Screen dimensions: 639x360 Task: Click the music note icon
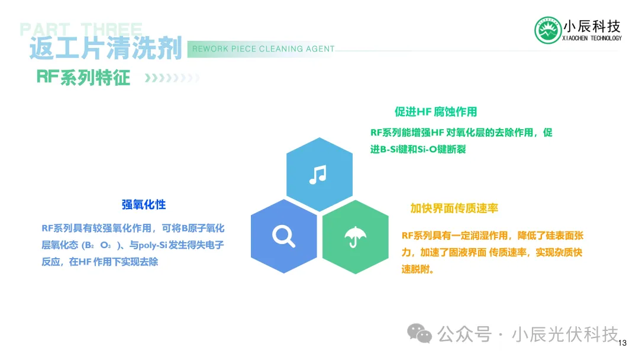pyautogui.click(x=318, y=175)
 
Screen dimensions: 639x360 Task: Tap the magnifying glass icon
pyautogui.click(x=283, y=236)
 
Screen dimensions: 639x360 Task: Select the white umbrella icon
pyautogui.click(x=356, y=237)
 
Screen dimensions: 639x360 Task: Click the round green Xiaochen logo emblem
pyautogui.click(x=548, y=30)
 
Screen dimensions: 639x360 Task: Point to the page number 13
pyautogui.click(x=622, y=343)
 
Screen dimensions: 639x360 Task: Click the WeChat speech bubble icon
pyautogui.click(x=419, y=333)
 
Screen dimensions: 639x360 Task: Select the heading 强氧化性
pyautogui.click(x=144, y=205)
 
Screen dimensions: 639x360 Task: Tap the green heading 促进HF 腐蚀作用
pyautogui.click(x=435, y=112)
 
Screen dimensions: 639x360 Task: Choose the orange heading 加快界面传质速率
pyautogui.click(x=454, y=208)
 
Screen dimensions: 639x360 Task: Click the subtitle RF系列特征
pyautogui.click(x=83, y=78)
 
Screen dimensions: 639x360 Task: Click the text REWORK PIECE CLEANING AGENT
pyautogui.click(x=263, y=49)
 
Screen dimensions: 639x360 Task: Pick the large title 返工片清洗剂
pyautogui.click(x=105, y=48)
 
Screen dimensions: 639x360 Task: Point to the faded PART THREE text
pyautogui.click(x=81, y=29)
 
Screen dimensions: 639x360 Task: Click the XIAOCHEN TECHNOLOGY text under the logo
pyautogui.click(x=592, y=38)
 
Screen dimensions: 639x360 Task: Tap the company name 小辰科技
pyautogui.click(x=592, y=27)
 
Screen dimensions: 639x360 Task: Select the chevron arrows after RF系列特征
pyautogui.click(x=172, y=78)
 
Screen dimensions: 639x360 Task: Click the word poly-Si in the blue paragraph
pyautogui.click(x=153, y=245)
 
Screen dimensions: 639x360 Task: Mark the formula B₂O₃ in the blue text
pyautogui.click(x=98, y=245)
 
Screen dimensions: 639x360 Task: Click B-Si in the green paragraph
pyautogui.click(x=389, y=149)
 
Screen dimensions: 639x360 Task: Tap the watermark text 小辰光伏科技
pyautogui.click(x=565, y=335)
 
